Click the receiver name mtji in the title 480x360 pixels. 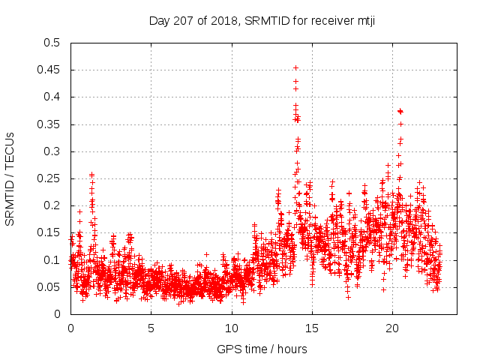(x=363, y=20)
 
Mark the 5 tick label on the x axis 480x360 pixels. (x=151, y=328)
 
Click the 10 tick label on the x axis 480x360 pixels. (x=232, y=328)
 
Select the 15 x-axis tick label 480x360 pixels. (x=312, y=328)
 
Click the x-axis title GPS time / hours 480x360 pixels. (x=262, y=349)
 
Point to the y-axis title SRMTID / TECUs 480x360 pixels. (x=10, y=178)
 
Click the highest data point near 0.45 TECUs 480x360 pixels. (x=295, y=67)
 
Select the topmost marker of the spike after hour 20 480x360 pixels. (x=400, y=111)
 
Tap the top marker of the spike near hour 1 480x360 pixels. (x=91, y=174)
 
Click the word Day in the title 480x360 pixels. (x=159, y=20)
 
